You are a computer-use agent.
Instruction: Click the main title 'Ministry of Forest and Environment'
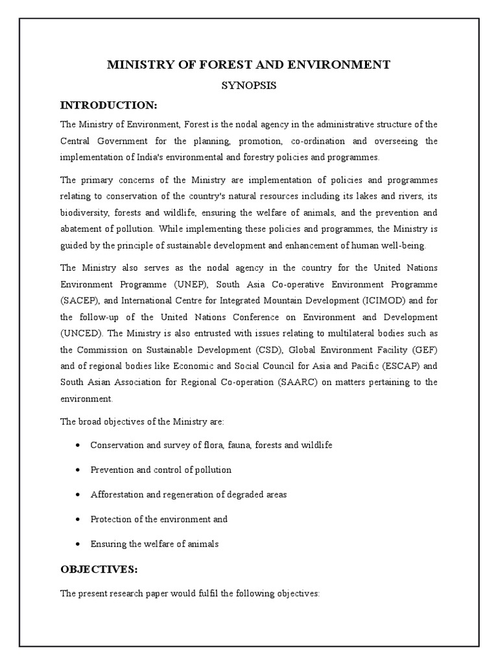pos(248,64)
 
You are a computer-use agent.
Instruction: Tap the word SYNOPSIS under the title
pos(248,85)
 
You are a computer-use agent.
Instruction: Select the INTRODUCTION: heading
pos(109,105)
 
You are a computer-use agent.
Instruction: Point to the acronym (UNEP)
pos(191,284)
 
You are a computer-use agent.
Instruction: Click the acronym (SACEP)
pos(80,301)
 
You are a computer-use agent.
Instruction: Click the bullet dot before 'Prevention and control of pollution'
pos(77,470)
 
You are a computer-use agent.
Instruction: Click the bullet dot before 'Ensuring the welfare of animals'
pos(77,544)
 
